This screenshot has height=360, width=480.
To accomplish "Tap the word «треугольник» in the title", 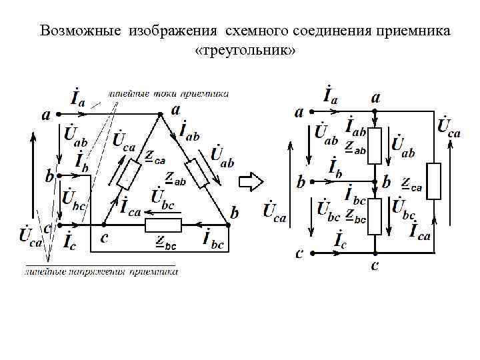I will point(244,51).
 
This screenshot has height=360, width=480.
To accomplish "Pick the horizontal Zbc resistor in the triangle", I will point(163,225).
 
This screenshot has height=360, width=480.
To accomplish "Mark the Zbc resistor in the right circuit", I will point(375,215).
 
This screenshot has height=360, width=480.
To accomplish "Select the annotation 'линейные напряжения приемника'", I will point(100,271).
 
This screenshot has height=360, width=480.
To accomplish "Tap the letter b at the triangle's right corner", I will point(234,213).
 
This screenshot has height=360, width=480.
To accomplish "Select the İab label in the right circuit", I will point(355,124).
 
